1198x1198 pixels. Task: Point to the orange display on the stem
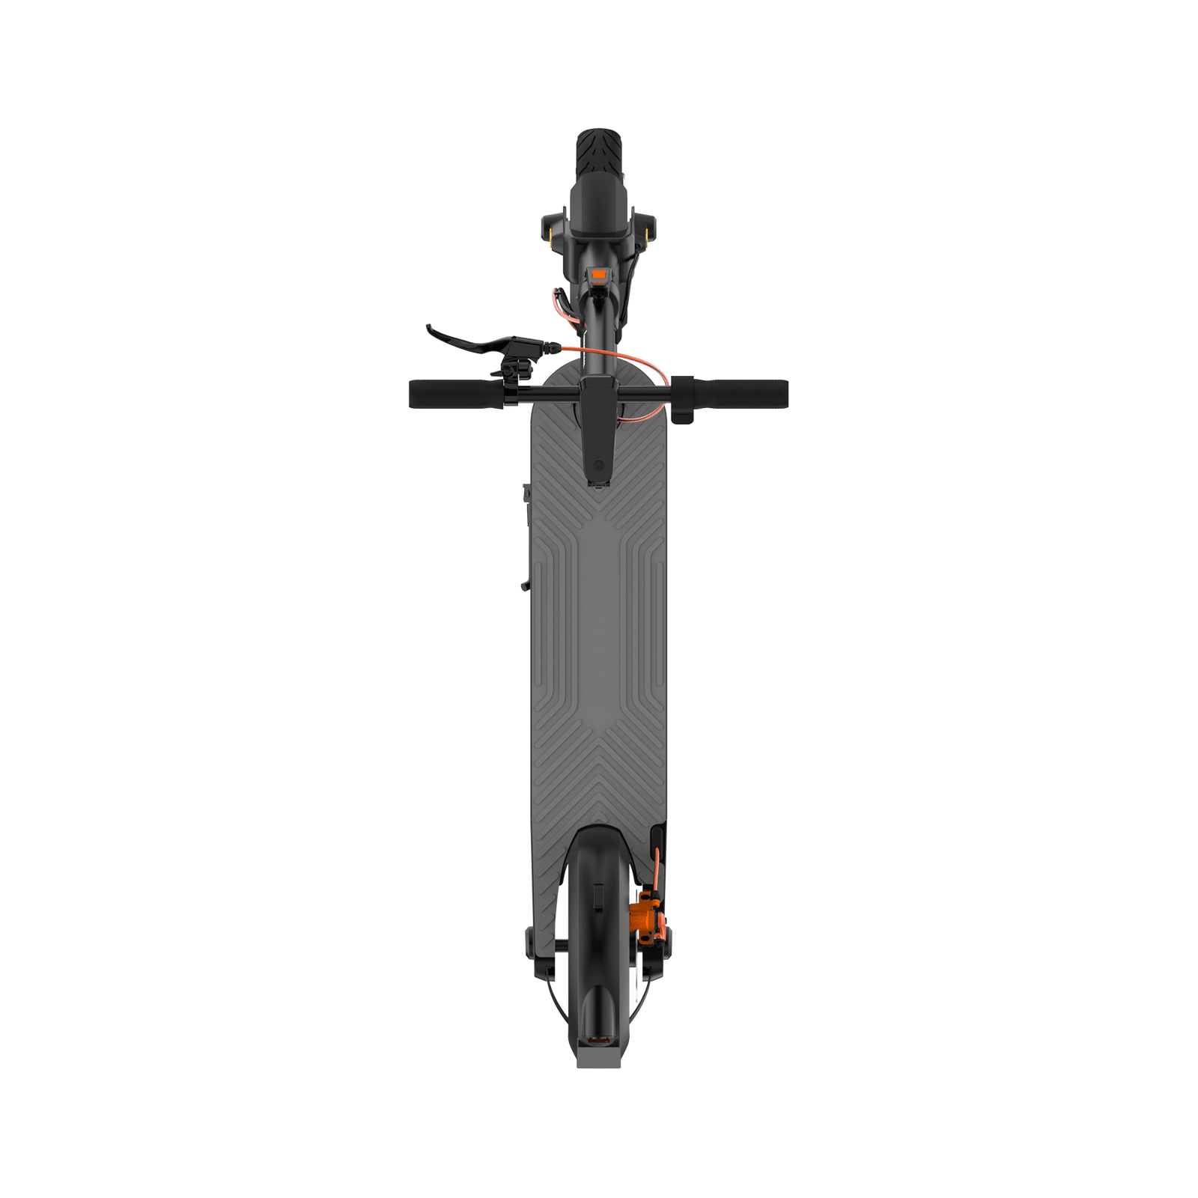pyautogui.click(x=598, y=275)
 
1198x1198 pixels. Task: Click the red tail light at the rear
pyautogui.click(x=598, y=1039)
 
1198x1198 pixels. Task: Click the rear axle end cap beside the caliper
pyautogui.click(x=665, y=943)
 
